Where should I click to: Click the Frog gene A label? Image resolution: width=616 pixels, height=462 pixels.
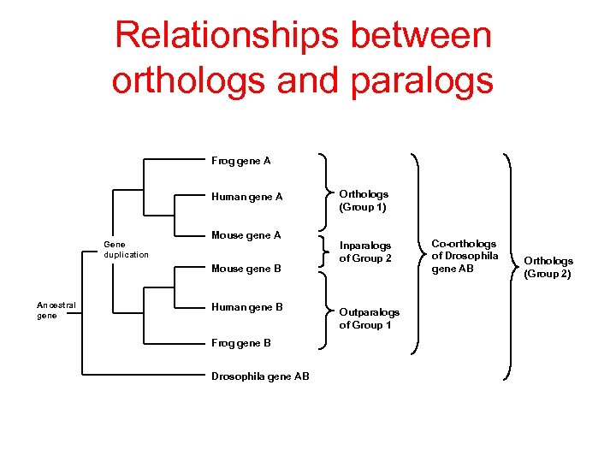[241, 160]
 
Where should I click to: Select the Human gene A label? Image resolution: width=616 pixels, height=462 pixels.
[246, 197]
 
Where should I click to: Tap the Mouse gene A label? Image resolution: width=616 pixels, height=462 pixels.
[246, 235]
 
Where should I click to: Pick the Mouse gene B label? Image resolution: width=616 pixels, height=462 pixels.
[246, 269]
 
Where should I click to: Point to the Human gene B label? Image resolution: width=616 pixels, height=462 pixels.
[246, 307]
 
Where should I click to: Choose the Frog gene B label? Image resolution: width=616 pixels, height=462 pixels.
[241, 343]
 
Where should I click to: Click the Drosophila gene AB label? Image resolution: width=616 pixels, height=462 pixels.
[260, 376]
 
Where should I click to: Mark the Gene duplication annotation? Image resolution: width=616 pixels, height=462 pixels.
[126, 249]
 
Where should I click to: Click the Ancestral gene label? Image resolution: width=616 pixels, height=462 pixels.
[56, 310]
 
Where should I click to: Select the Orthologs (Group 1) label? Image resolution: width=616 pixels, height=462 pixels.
[364, 200]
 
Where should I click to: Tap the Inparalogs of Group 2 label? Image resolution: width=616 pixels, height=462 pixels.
[365, 252]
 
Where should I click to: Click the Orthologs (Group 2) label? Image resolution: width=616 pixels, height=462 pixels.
[548, 267]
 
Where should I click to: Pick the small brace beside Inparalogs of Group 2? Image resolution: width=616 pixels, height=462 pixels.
[323, 251]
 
